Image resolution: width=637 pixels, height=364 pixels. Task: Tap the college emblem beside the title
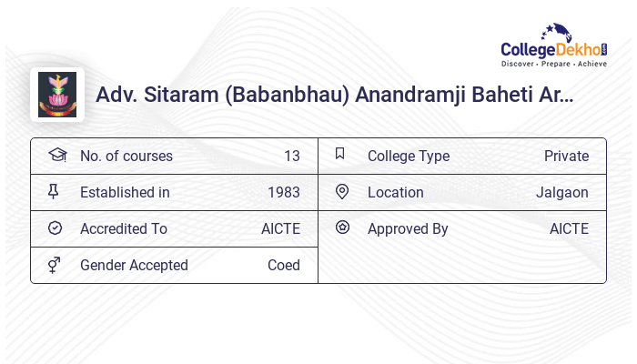(57, 95)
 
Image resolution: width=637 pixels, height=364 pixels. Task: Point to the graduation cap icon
(56, 155)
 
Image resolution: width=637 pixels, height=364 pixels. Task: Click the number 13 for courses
(291, 156)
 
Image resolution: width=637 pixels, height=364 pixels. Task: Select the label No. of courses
(126, 156)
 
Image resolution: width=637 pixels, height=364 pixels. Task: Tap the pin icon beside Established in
(54, 191)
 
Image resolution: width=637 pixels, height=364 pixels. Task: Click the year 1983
(284, 192)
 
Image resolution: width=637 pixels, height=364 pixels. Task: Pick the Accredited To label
(124, 228)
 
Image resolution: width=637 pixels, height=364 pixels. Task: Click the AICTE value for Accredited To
(280, 228)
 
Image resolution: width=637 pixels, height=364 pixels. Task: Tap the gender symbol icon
(54, 265)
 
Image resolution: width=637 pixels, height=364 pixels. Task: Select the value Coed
(283, 265)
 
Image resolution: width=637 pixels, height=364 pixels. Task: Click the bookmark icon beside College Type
(340, 154)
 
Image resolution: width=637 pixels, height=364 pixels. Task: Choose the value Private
(566, 156)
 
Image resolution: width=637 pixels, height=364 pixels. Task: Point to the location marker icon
(342, 191)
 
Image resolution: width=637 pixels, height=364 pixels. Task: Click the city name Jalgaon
(561, 192)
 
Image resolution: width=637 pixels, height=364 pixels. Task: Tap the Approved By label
(408, 228)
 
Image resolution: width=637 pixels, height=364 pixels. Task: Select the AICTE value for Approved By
(569, 228)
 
